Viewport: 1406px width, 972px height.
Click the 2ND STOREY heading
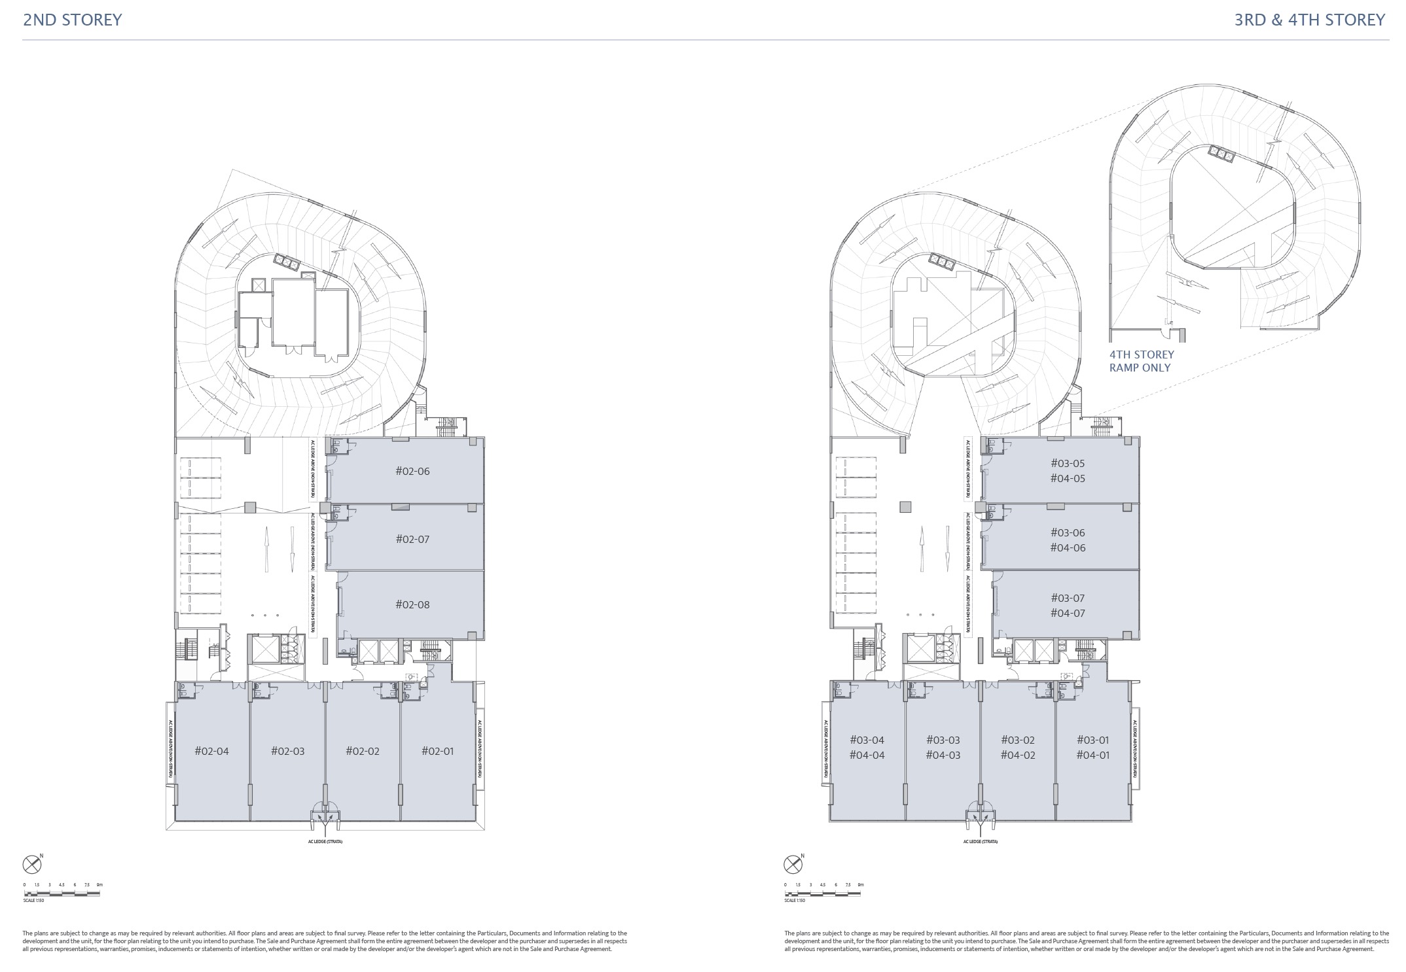pos(73,20)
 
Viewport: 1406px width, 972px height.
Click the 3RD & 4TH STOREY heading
pos(1309,20)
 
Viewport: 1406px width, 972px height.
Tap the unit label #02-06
pos(412,471)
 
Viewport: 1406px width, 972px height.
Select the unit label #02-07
pos(412,539)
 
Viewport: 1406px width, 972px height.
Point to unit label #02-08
pos(412,604)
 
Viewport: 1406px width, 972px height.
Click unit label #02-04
pos(212,751)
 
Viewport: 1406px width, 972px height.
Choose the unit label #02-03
pos(288,751)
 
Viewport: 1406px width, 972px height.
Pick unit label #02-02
pos(363,751)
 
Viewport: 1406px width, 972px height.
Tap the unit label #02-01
pos(437,751)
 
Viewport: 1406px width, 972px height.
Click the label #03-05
pos(1068,463)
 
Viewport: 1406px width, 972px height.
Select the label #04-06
pos(1068,547)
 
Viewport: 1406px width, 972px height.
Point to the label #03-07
pos(1068,598)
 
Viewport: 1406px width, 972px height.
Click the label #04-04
pos(867,755)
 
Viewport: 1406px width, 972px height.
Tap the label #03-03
pos(943,740)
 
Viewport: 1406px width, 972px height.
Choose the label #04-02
pos(1018,755)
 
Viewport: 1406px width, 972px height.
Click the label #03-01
pos(1093,740)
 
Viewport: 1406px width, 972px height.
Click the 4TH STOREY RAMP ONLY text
pos(1142,361)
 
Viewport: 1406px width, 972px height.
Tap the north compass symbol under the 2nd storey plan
pos(32,865)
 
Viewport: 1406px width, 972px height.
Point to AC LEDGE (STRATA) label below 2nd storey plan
pos(325,841)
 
